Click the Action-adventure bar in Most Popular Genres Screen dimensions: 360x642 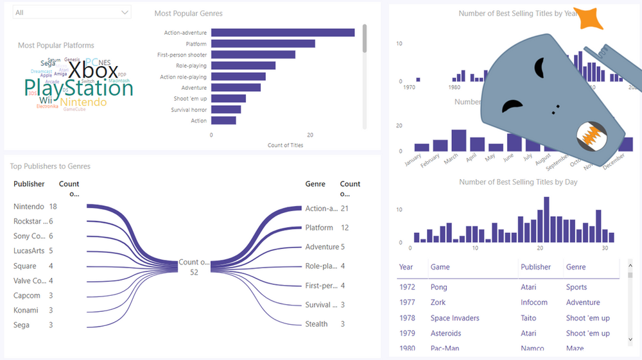coord(282,33)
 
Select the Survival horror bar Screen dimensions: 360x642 coord(226,110)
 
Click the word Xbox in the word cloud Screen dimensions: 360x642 coord(94,71)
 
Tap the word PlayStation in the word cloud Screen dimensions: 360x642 coord(78,88)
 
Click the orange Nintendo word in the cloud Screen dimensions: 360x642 coord(83,103)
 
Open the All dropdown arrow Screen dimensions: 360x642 coord(125,12)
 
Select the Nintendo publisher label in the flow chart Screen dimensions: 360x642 coord(29,207)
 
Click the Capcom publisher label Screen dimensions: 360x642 coord(27,296)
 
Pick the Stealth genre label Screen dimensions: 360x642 coord(317,324)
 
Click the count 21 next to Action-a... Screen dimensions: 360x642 coord(345,209)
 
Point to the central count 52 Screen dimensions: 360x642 coord(194,272)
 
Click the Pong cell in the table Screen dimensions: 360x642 coord(439,287)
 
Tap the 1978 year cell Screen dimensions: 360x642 coord(407,318)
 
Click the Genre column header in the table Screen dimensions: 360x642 coord(576,267)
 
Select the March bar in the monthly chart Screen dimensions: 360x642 coord(458,140)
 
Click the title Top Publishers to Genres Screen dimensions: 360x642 coord(50,166)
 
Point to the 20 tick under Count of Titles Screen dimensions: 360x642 coord(310,135)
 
